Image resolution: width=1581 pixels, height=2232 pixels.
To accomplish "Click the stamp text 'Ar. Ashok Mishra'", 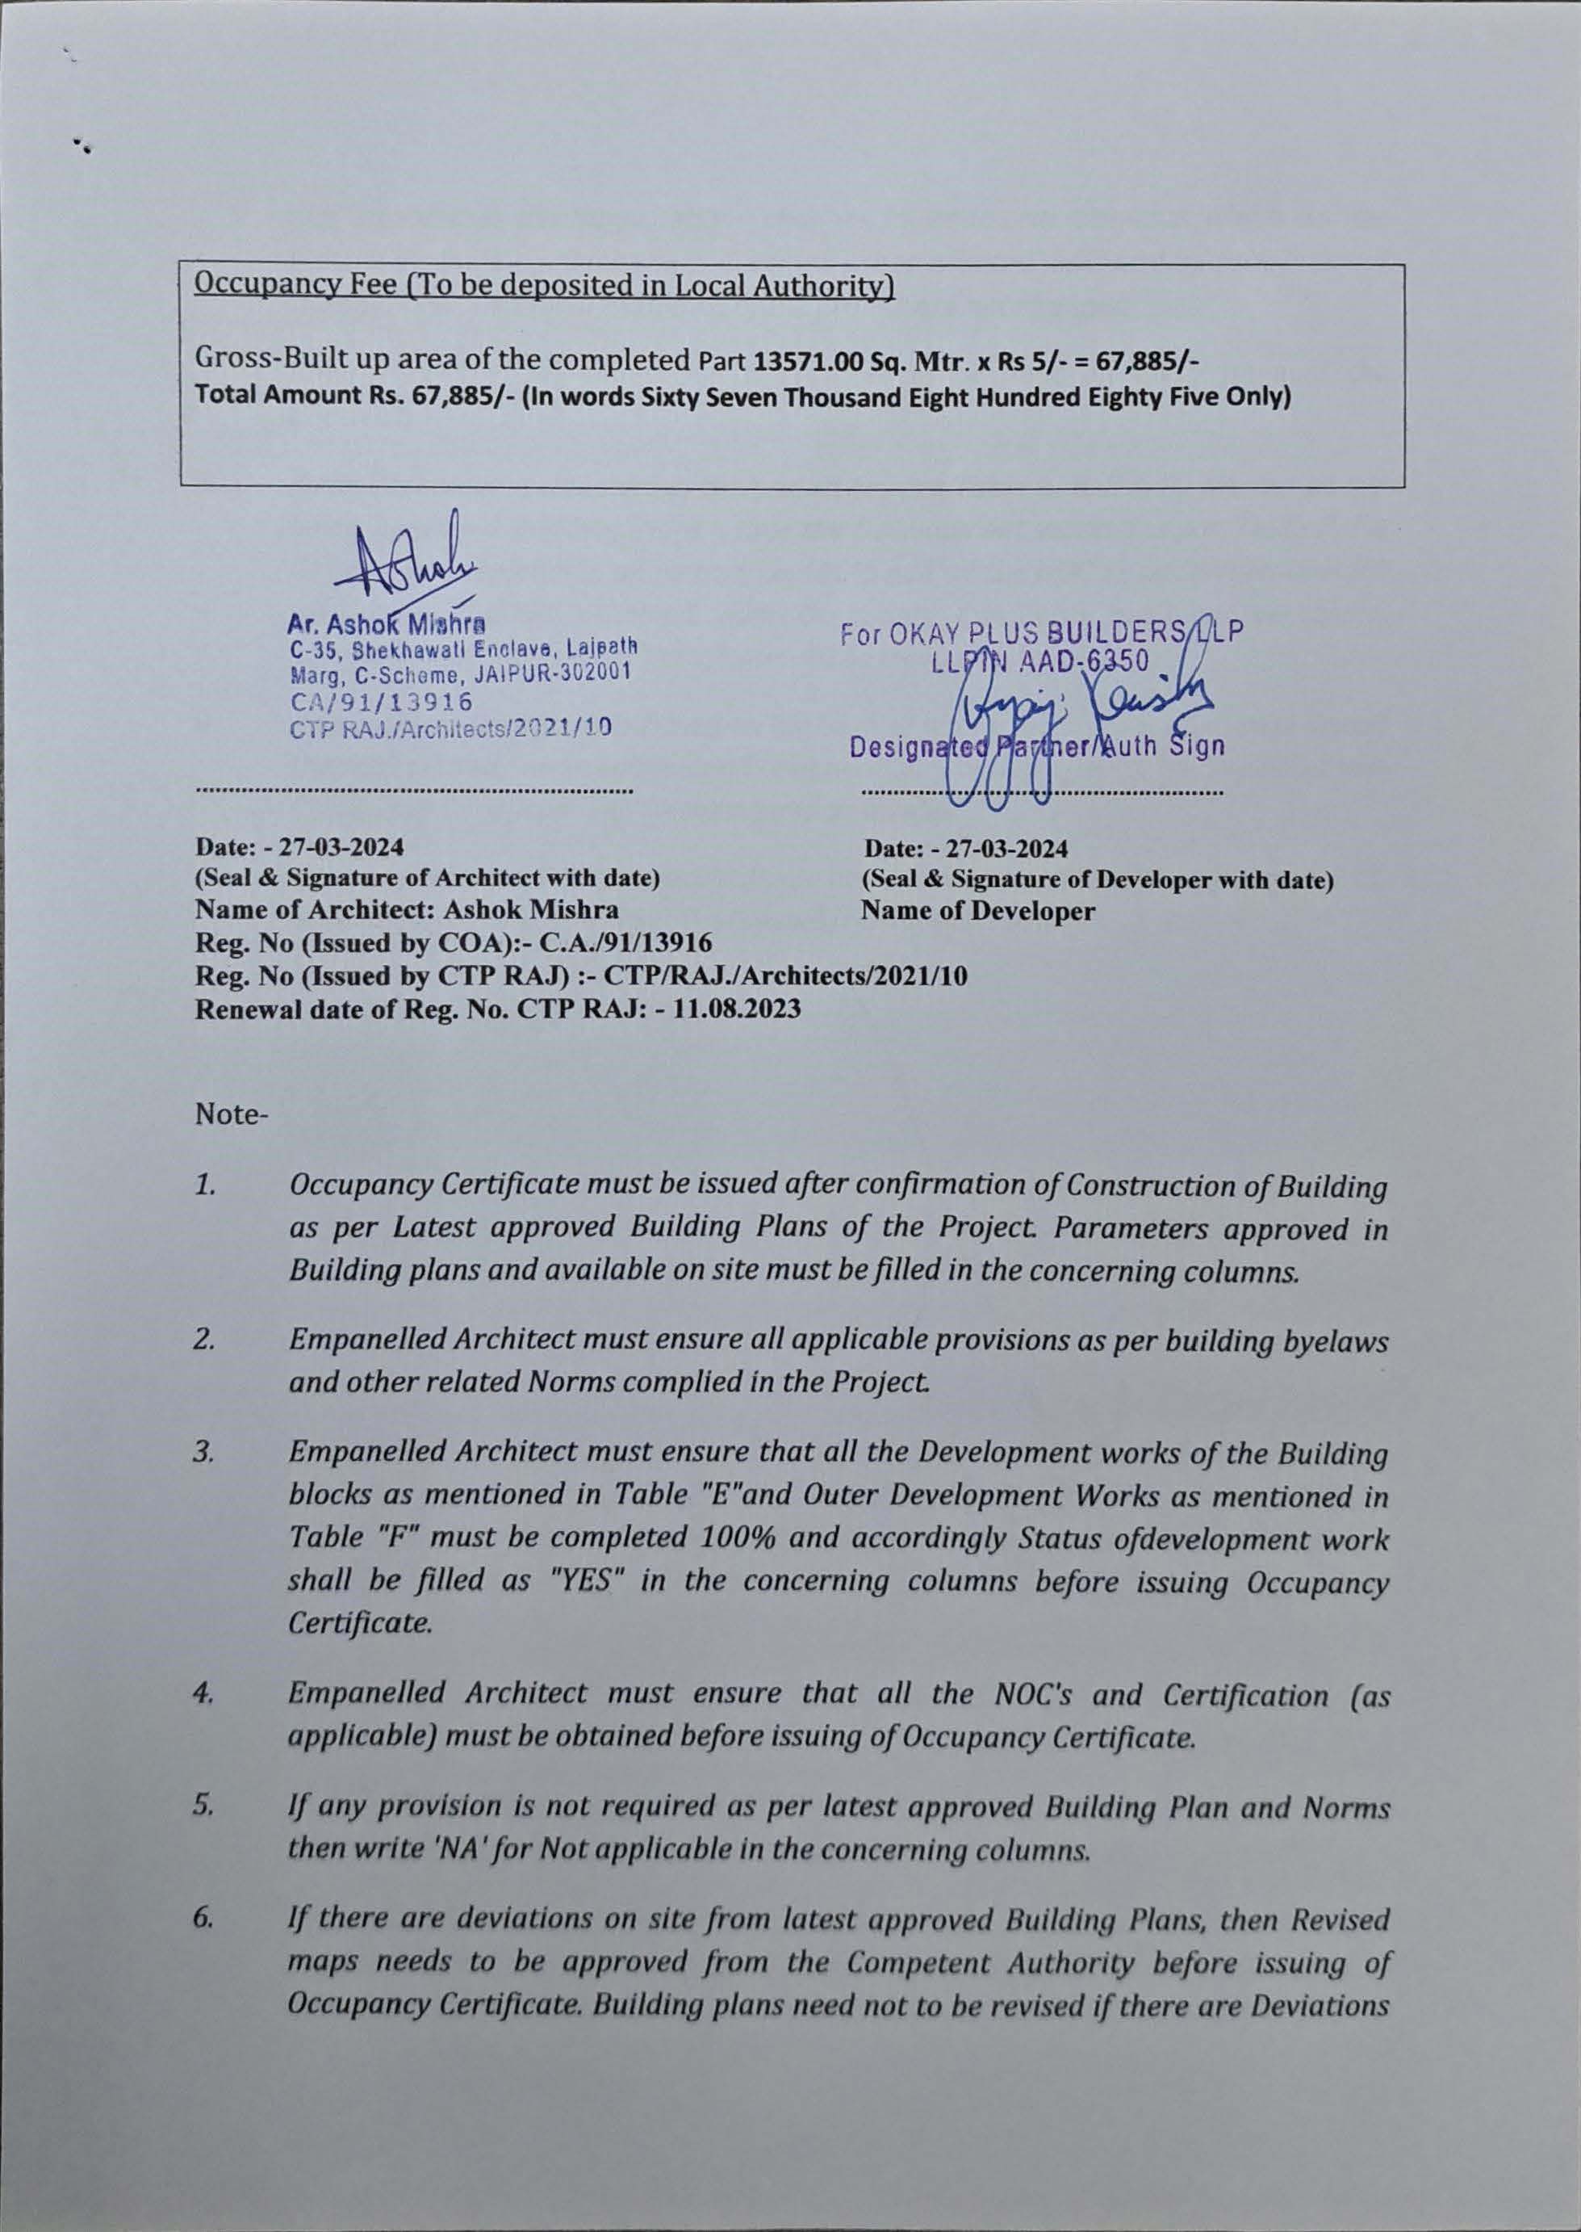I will [x=386, y=623].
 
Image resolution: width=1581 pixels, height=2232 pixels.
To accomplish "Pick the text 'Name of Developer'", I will [x=977, y=912].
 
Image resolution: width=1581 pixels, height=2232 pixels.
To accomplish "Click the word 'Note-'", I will [x=231, y=1114].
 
